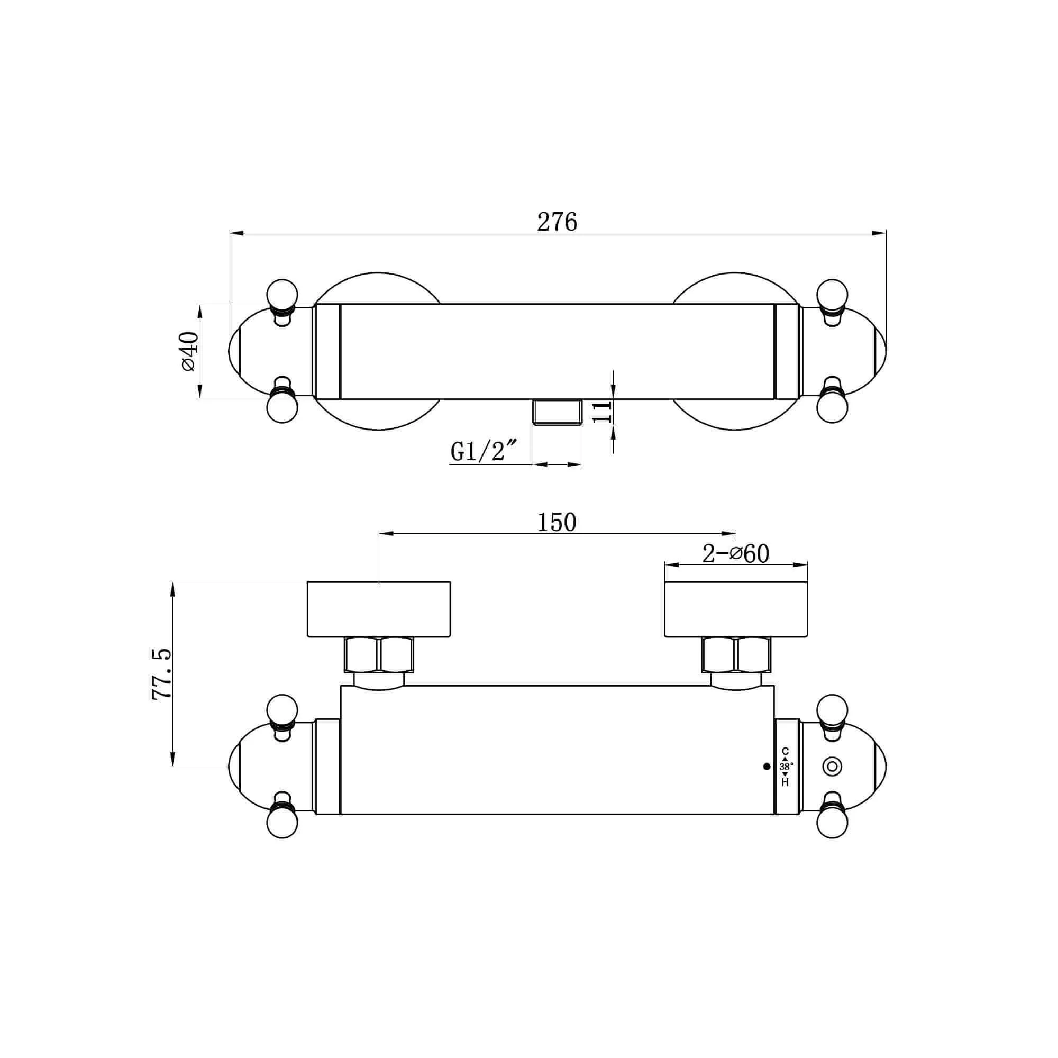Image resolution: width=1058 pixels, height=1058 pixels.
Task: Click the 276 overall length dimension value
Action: [557, 222]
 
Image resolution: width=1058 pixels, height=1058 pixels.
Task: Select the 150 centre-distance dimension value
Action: [557, 523]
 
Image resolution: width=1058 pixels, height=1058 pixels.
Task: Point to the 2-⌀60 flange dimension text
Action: [735, 554]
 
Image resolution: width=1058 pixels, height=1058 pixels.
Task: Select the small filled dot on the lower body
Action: [767, 767]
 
